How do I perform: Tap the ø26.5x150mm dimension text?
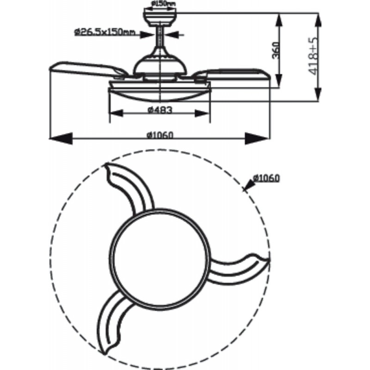click(x=104, y=31)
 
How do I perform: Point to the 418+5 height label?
click(x=314, y=57)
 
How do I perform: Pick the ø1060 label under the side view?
click(x=160, y=136)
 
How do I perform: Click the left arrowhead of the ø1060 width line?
click(x=60, y=137)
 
